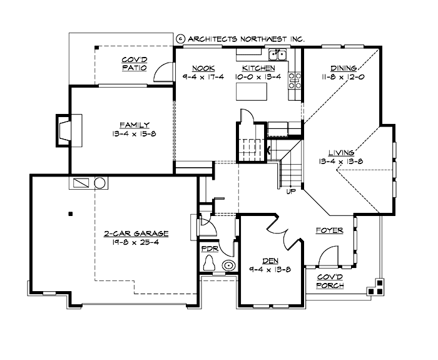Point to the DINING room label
(344, 68)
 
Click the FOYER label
(329, 230)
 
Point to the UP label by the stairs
(290, 192)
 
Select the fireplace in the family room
(65, 130)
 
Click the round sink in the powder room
(229, 265)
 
